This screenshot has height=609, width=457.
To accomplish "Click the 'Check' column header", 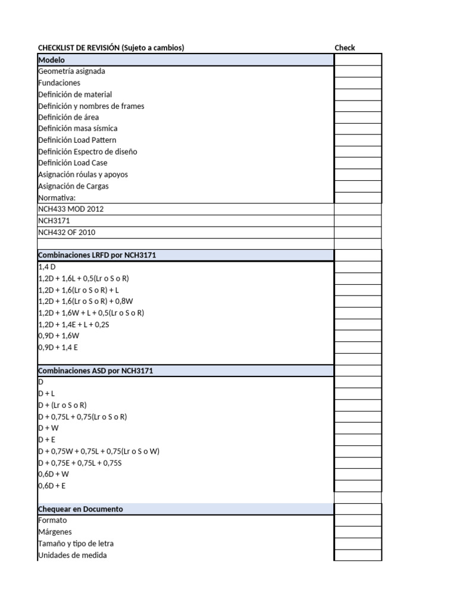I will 345,48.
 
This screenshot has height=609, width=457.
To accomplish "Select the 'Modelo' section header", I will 52,60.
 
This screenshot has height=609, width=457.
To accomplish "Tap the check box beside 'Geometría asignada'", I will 358,71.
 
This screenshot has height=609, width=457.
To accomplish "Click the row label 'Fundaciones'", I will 59,83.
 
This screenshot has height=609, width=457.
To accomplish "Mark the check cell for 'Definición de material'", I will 358,94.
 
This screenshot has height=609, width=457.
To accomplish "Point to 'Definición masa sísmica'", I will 77,128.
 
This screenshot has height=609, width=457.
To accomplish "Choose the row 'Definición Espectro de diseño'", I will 87,152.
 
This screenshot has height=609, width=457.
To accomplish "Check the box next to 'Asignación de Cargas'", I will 358,186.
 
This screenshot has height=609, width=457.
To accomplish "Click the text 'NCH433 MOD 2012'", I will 74,209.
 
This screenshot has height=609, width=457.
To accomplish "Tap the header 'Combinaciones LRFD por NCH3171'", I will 97,255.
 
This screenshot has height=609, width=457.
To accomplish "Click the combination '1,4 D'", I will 46,267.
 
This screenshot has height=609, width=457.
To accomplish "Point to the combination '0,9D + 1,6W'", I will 58,335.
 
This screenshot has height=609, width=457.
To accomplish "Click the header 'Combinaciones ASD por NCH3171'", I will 95,371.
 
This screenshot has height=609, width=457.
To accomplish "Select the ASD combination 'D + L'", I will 46,393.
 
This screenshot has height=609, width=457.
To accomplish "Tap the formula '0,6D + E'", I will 52,485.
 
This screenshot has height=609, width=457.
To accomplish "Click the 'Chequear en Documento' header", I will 80,509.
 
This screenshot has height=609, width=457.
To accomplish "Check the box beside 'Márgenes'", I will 358,532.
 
